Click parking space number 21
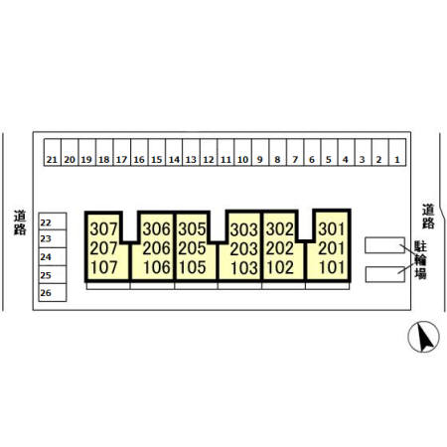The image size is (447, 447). [x=53, y=152]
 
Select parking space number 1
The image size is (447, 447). [x=397, y=152]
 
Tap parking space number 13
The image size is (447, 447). [x=191, y=152]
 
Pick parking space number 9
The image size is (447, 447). [x=260, y=152]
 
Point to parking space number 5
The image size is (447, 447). [x=329, y=152]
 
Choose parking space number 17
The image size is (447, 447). [x=122, y=152]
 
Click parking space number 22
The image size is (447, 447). [x=53, y=222]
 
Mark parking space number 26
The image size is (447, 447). [x=53, y=292]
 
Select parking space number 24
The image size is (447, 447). [x=53, y=256]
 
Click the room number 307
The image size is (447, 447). [x=103, y=228]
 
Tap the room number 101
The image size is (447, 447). [x=332, y=267]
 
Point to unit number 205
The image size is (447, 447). [x=192, y=248]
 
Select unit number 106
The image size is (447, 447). [x=157, y=267]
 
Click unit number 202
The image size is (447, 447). [x=280, y=248]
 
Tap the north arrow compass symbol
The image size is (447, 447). [x=423, y=337]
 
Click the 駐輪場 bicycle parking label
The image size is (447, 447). [x=420, y=260]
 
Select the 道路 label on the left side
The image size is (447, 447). [x=20, y=223]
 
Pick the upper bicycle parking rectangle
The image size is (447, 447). [x=384, y=245]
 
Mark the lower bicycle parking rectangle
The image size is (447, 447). [x=385, y=274]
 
